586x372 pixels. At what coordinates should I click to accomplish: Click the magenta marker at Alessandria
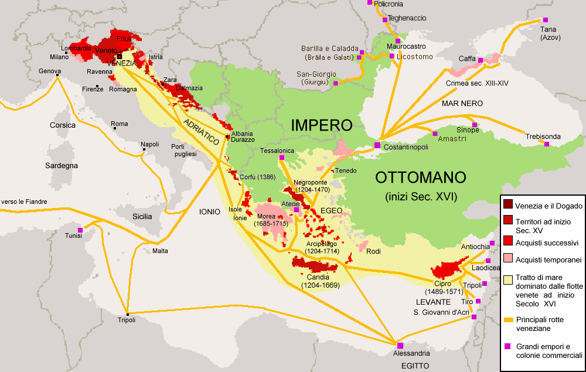(x=400, y=345)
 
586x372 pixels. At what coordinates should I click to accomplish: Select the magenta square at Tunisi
(x=80, y=230)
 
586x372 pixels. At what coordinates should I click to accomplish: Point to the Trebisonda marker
(x=547, y=144)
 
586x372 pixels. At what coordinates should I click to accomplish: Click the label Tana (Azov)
(x=550, y=33)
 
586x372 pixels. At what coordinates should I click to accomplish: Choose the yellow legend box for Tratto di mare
(x=507, y=279)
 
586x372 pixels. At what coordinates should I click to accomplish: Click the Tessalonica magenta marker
(x=282, y=158)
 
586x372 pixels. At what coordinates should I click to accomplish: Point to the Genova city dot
(x=58, y=74)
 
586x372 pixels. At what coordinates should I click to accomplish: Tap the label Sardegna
(x=62, y=166)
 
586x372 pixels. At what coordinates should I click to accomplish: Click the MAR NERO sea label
(x=462, y=103)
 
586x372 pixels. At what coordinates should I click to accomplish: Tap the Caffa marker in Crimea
(x=481, y=60)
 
